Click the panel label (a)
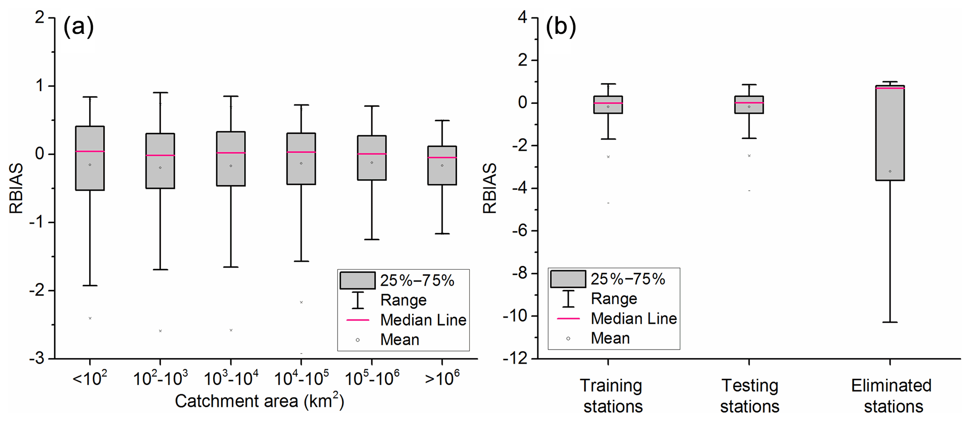click(78, 27)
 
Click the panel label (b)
click(560, 27)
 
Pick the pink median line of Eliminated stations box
click(890, 88)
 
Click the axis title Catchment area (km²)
click(260, 401)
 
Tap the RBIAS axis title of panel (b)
click(489, 188)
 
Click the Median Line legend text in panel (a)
click(423, 320)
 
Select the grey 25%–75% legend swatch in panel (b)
click(568, 279)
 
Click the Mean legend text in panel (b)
click(610, 338)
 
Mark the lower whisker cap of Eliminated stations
click(890, 322)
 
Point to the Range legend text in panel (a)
click(403, 300)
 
